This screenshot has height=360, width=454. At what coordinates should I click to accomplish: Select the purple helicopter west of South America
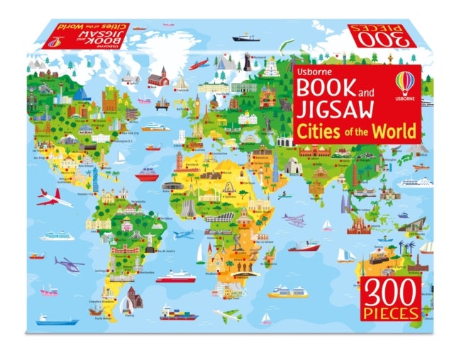(69, 265)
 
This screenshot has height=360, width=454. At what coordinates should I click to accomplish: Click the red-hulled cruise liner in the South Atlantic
(175, 276)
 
